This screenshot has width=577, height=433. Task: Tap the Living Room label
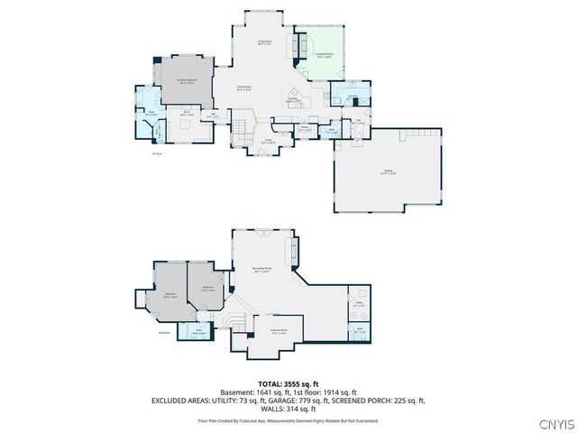(266, 41)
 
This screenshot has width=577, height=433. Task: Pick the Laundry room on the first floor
(351, 99)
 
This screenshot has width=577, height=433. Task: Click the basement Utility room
(359, 305)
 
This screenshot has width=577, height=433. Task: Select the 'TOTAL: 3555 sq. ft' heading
(288, 383)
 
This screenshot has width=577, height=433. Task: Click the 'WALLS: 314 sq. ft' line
(288, 408)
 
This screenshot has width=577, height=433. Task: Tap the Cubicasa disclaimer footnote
(288, 419)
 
